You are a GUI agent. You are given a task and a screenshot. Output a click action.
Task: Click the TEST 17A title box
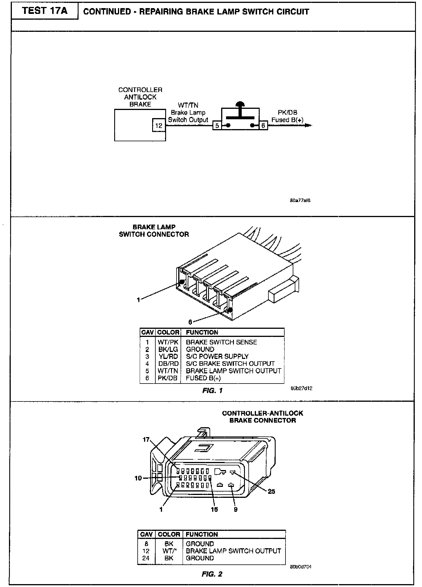click(x=45, y=11)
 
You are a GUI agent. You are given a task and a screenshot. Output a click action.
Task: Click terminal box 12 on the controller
click(x=159, y=126)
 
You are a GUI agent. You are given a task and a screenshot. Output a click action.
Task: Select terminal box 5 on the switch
click(x=217, y=126)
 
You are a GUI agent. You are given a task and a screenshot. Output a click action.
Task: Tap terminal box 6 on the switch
click(x=263, y=126)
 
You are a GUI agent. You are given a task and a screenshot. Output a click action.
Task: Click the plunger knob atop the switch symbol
click(x=240, y=104)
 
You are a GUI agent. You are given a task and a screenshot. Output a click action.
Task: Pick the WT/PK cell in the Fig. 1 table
click(x=168, y=342)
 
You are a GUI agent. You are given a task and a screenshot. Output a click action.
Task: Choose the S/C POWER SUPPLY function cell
click(x=217, y=356)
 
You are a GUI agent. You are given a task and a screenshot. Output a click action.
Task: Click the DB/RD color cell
click(x=168, y=364)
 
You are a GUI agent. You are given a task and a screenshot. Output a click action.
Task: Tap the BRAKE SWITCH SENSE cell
click(x=221, y=342)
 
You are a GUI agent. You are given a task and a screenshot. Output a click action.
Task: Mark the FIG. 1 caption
click(x=212, y=391)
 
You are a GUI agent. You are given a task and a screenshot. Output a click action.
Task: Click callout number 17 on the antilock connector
click(x=146, y=440)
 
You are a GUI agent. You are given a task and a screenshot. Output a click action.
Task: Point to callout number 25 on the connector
click(x=271, y=491)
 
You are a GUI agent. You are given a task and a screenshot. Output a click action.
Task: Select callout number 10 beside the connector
click(x=138, y=478)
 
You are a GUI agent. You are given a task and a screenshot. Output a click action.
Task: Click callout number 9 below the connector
click(x=236, y=509)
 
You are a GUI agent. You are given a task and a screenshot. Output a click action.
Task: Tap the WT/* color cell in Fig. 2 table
click(x=169, y=551)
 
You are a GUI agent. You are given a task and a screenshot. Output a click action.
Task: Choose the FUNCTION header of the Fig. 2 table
click(x=202, y=534)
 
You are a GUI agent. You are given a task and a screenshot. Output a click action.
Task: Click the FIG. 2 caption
click(x=212, y=574)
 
